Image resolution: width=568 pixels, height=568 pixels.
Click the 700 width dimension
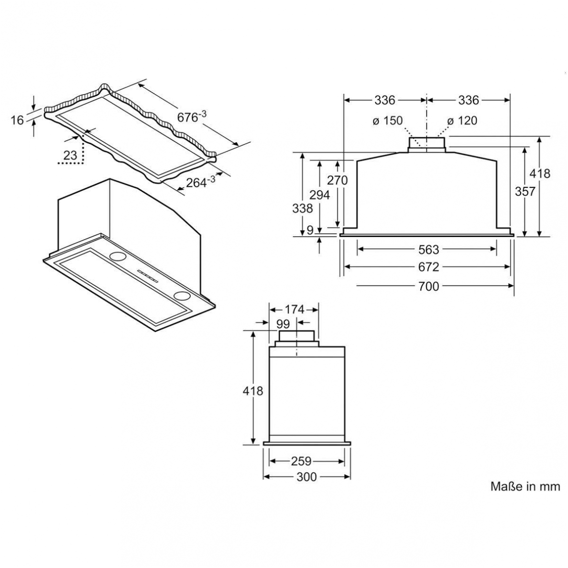[x=428, y=286]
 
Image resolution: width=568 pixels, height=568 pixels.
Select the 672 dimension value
[x=428, y=267]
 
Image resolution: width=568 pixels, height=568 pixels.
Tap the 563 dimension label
[x=428, y=250]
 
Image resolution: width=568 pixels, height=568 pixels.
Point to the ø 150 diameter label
[x=388, y=120]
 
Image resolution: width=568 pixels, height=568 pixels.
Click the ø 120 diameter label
[x=462, y=120]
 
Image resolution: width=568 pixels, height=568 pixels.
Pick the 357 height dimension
[x=525, y=191]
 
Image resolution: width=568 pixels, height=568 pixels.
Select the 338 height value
[x=303, y=208]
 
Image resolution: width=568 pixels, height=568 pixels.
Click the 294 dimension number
[x=319, y=195]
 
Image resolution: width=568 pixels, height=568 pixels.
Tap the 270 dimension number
[x=337, y=180]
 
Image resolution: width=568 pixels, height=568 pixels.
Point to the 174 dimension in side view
[x=294, y=309]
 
